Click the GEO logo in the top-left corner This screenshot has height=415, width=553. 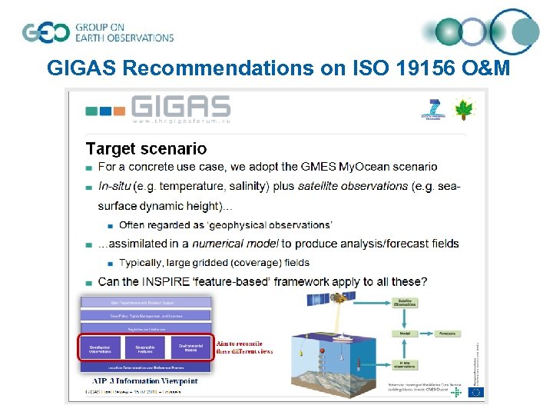pyautogui.click(x=48, y=32)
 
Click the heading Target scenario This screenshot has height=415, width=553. pyautogui.click(x=146, y=148)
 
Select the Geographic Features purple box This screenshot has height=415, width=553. pyautogui.click(x=144, y=348)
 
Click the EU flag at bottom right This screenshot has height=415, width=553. pyautogui.click(x=476, y=392)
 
